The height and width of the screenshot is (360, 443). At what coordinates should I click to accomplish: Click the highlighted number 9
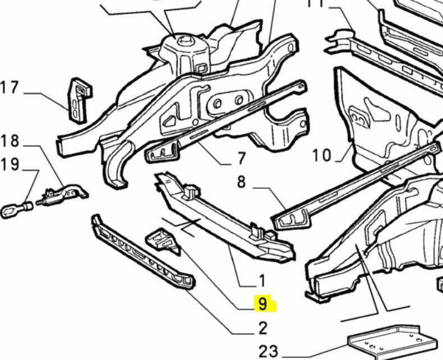pos(262,304)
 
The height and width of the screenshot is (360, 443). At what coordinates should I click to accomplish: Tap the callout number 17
pos(10,88)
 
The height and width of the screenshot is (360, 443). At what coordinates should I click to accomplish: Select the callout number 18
pos(10,140)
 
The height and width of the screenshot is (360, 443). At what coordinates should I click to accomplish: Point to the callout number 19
pos(10,165)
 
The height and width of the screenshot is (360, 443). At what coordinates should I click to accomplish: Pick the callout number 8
pos(241,182)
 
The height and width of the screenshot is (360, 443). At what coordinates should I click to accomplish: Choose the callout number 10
pos(322,155)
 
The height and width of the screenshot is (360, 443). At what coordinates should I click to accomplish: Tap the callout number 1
pos(261,280)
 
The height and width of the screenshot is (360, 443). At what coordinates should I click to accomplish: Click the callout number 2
pos(262,327)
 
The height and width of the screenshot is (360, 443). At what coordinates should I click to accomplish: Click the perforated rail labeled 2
pos(143,253)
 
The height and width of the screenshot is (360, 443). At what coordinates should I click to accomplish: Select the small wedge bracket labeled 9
pos(163,239)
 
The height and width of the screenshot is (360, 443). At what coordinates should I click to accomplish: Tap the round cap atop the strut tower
pos(183,40)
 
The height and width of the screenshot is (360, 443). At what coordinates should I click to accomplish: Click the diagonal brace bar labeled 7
pos(224,121)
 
